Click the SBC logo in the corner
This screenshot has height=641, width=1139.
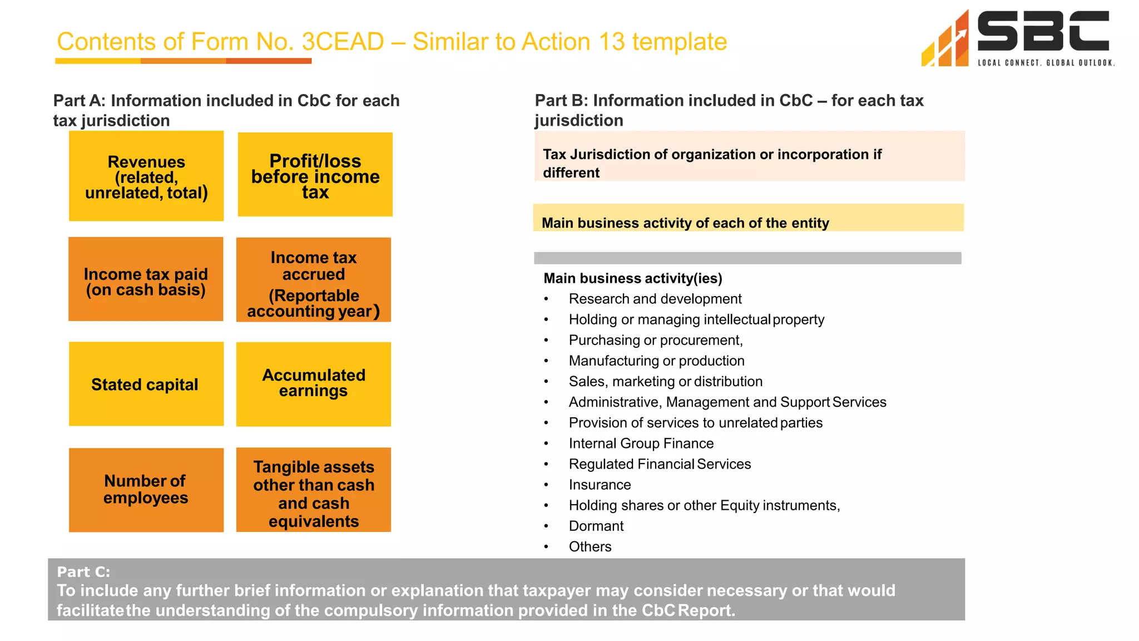(x=1017, y=38)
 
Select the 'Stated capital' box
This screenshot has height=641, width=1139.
(x=146, y=384)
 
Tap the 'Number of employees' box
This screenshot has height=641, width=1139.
(x=146, y=490)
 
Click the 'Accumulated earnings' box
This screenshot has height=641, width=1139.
(x=314, y=384)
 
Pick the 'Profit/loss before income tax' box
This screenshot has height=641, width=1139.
(x=315, y=175)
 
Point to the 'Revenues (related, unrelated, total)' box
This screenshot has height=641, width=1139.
(x=146, y=176)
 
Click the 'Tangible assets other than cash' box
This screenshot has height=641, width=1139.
(x=314, y=490)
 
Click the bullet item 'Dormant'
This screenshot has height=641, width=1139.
(x=596, y=526)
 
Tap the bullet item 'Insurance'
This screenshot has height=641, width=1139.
(x=600, y=485)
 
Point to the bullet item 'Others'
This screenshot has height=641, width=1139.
(x=590, y=546)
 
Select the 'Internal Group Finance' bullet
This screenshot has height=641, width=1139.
(x=641, y=443)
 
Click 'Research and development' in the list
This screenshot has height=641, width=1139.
(x=655, y=299)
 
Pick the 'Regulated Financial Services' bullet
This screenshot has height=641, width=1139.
(x=660, y=464)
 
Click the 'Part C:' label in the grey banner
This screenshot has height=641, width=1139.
(x=83, y=572)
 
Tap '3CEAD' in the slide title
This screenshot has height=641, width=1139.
(x=343, y=42)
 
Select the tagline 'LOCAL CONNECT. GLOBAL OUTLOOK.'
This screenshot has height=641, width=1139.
(x=1046, y=63)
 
